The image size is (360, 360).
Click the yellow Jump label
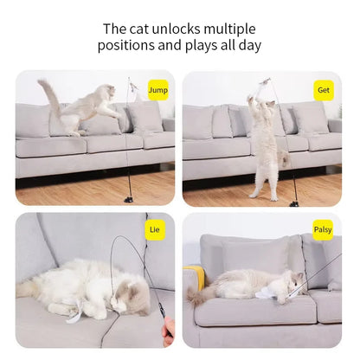click(x=157, y=89)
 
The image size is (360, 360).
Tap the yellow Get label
click(x=324, y=89)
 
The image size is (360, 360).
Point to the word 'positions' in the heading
click(x=127, y=46)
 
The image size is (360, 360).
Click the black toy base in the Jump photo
click(x=128, y=198)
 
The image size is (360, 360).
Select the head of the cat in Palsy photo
click(x=292, y=282)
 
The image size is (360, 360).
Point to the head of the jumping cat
click(x=107, y=93)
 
